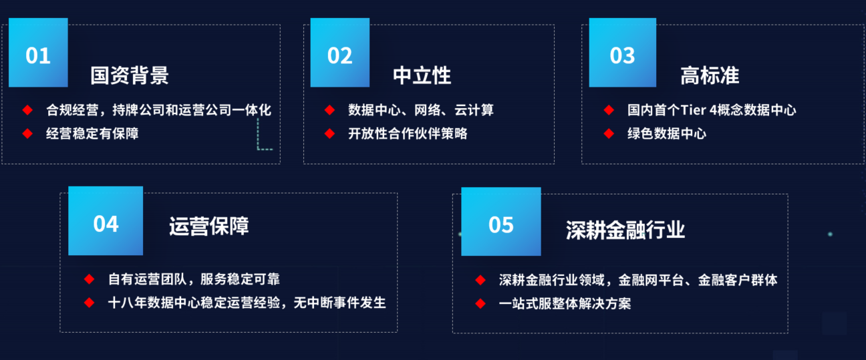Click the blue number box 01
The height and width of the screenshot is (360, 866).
click(x=38, y=53)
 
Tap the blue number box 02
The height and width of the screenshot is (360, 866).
click(x=340, y=53)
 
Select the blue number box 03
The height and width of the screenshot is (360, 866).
click(x=623, y=53)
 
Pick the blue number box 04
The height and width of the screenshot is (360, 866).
click(x=106, y=220)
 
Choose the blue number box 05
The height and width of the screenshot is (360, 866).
click(x=501, y=221)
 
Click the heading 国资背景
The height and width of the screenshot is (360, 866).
click(x=130, y=75)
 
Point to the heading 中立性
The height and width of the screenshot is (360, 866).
click(x=422, y=75)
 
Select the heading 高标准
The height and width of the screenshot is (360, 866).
click(x=710, y=75)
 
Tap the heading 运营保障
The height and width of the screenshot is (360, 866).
click(x=208, y=226)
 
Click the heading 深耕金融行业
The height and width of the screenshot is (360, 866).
click(x=625, y=230)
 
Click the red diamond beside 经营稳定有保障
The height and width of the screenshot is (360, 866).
click(x=27, y=134)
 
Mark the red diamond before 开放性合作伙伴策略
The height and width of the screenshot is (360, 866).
click(x=329, y=134)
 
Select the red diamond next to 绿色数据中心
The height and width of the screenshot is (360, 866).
click(x=609, y=134)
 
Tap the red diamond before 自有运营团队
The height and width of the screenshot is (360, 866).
click(x=90, y=279)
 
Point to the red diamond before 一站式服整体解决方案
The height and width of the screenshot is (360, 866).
click(x=480, y=304)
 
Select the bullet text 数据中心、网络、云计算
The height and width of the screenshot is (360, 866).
click(x=420, y=110)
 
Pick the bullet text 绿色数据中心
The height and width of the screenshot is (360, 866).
click(x=667, y=134)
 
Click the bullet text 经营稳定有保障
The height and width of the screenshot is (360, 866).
click(x=92, y=134)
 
